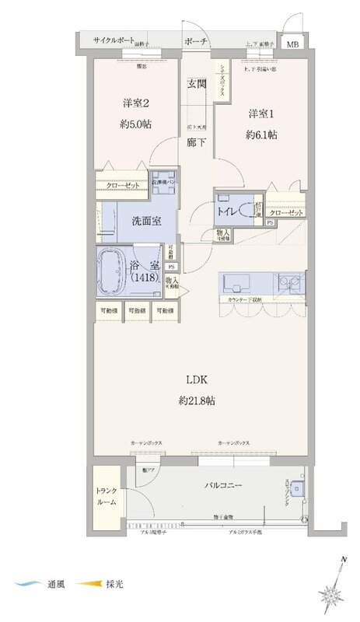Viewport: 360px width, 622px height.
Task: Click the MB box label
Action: (x=292, y=44)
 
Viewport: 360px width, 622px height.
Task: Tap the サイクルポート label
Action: (x=114, y=40)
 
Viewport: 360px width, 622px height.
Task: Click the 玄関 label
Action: (x=196, y=85)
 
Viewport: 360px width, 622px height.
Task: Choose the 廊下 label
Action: (x=196, y=142)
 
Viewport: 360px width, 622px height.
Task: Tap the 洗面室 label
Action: (x=145, y=221)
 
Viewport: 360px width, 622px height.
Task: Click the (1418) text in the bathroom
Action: (x=145, y=278)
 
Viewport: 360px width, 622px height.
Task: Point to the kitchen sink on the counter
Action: (x=236, y=281)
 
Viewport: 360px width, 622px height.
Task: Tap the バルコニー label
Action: (x=224, y=485)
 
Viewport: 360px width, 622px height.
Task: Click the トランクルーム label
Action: (x=107, y=497)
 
